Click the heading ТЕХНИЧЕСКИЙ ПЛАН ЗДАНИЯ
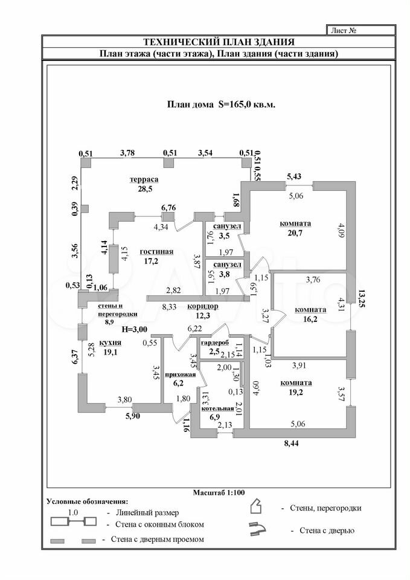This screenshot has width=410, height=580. pyautogui.click(x=218, y=42)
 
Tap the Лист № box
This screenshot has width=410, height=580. pyautogui.click(x=361, y=30)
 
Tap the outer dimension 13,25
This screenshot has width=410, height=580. pyautogui.click(x=361, y=299)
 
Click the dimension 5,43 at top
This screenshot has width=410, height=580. pyautogui.click(x=294, y=176)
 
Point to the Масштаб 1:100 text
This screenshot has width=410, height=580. pyautogui.click(x=218, y=492)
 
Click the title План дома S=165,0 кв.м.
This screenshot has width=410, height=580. pyautogui.click(x=220, y=104)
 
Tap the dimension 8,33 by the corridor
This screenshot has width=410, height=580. pyautogui.click(x=169, y=307)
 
